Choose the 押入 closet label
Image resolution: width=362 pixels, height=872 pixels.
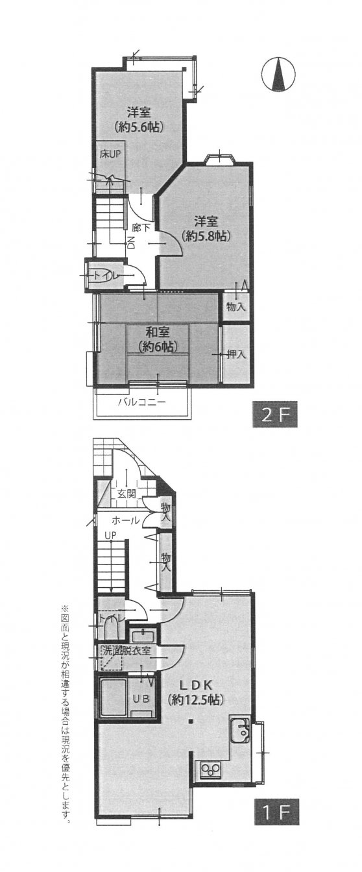(236, 354)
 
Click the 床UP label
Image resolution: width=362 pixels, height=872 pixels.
(110, 154)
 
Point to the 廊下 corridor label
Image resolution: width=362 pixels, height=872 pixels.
(141, 227)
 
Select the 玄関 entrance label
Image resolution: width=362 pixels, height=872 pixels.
(127, 494)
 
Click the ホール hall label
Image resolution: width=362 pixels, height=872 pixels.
(124, 520)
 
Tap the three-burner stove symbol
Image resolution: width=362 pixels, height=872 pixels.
(211, 769)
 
